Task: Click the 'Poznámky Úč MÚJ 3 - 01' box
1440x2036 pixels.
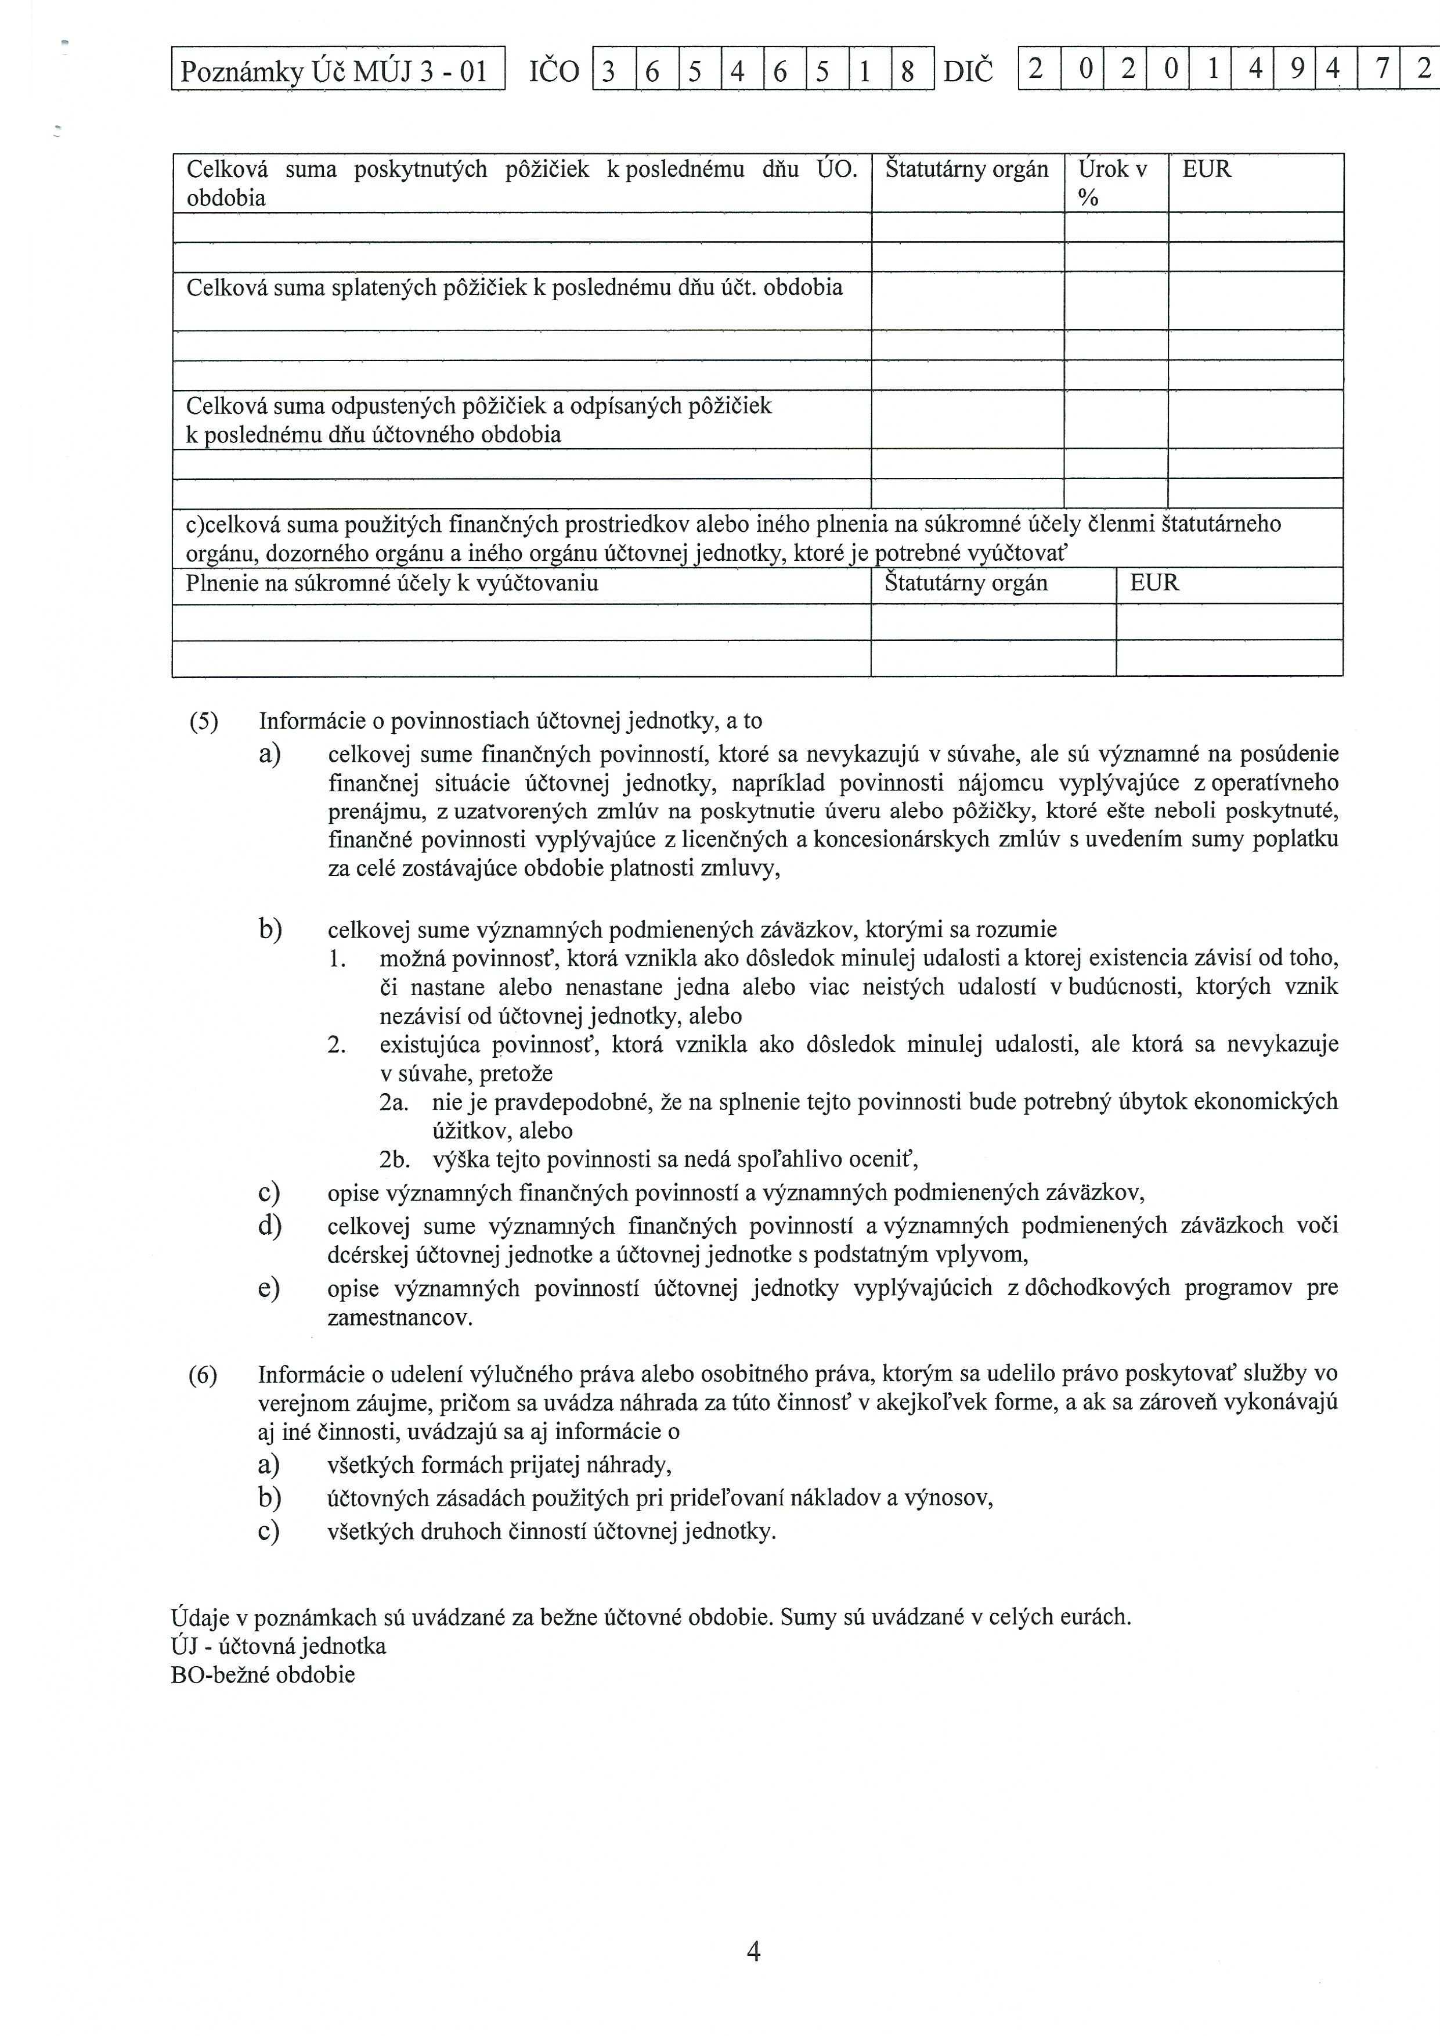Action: pyautogui.click(x=337, y=70)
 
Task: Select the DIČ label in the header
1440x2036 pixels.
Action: pyautogui.click(x=968, y=71)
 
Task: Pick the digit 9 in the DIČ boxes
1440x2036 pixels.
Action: pyautogui.click(x=1297, y=69)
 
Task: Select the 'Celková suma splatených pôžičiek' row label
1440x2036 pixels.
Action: pyautogui.click(x=514, y=287)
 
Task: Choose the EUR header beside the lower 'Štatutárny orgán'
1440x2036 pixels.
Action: pyautogui.click(x=1154, y=583)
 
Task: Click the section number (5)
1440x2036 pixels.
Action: pyautogui.click(x=203, y=721)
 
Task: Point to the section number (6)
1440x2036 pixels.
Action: pyautogui.click(x=203, y=1375)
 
